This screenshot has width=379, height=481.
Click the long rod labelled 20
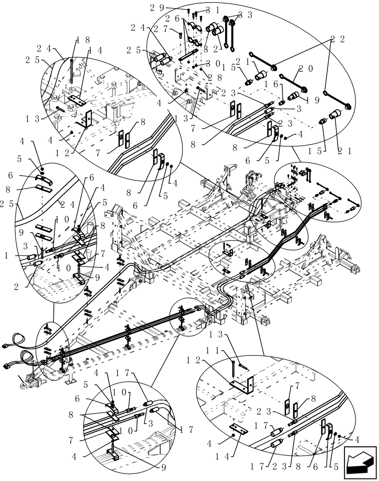pos(291,82)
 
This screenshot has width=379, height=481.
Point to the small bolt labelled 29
pos(189,11)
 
